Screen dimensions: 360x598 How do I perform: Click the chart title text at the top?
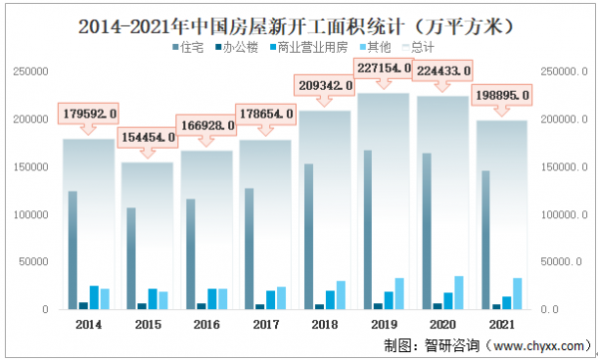[x=298, y=21]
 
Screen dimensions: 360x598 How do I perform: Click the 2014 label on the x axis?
[x=88, y=325]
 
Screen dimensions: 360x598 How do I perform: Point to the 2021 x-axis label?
[x=500, y=325]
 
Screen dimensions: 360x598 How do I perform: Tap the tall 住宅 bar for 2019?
[x=368, y=229]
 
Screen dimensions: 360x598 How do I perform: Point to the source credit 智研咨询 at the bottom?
[x=451, y=345]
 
